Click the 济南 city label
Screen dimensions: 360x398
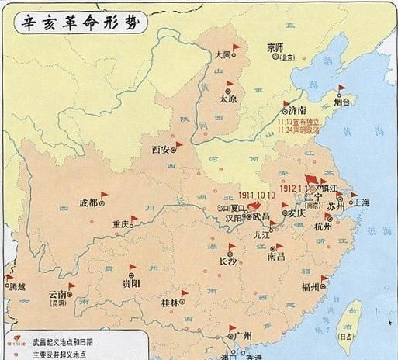pos(296,111)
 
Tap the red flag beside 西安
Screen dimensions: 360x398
pos(178,144)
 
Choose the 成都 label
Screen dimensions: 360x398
pos(88,203)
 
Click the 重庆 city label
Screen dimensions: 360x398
pos(119,224)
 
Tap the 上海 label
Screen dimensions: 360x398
pos(362,202)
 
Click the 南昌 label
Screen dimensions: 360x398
pos(275,255)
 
